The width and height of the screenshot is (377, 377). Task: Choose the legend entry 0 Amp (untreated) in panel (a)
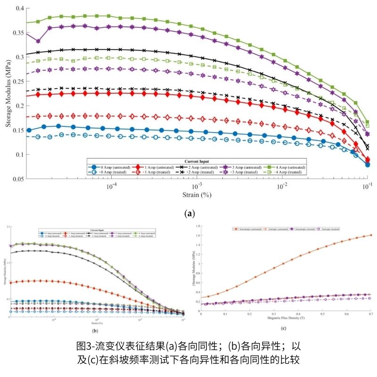[x=107, y=167]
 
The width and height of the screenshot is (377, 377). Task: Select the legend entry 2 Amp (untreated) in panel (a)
[x=196, y=167]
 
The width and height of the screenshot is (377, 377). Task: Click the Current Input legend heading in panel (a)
[x=197, y=162]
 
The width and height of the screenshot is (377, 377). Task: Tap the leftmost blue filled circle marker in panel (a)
[x=29, y=130]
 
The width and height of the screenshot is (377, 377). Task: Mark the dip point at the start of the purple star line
[x=38, y=41]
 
